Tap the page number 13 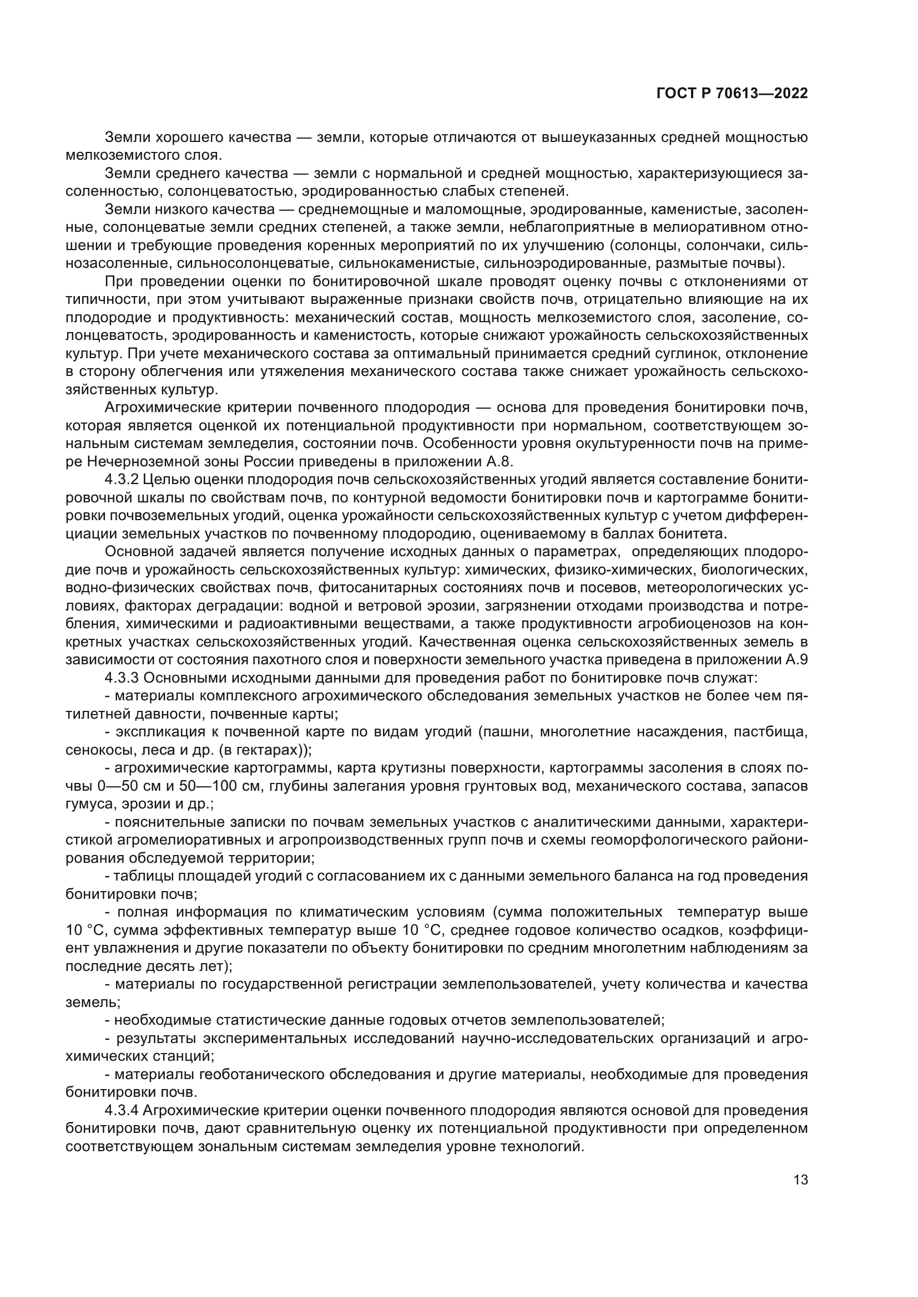pos(800,1180)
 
